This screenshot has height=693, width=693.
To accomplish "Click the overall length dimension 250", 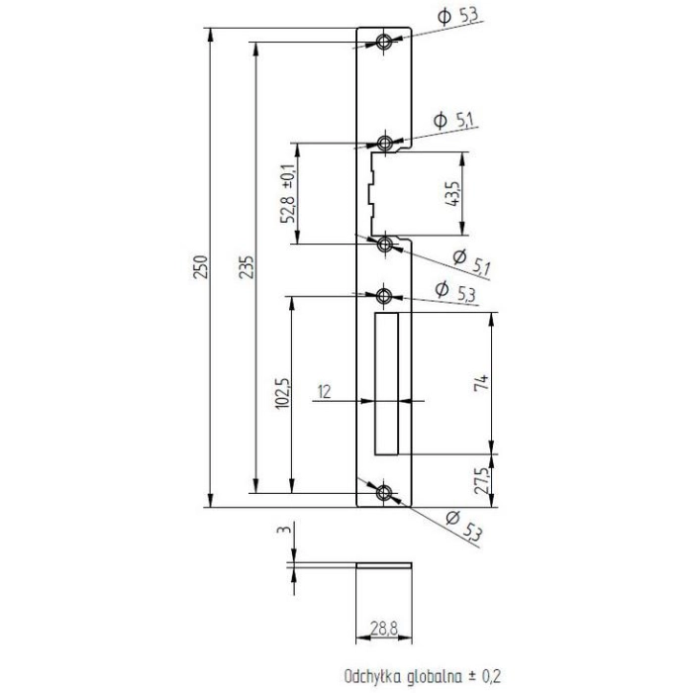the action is [201, 266].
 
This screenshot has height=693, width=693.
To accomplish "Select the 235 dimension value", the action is [247, 266].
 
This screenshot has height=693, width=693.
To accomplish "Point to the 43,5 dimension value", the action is [453, 194].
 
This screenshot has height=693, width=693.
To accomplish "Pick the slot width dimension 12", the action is [324, 392].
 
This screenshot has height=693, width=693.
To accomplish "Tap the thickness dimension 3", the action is [285, 529].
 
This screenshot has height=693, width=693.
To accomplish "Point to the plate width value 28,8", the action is [384, 628].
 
